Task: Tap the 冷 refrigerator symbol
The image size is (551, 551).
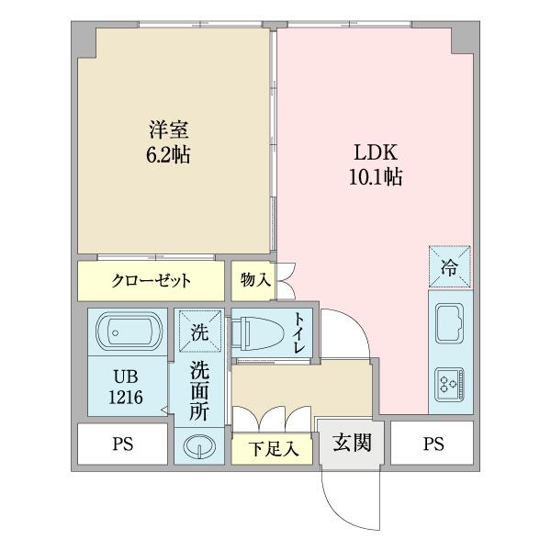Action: (450, 268)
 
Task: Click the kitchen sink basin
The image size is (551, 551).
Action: (450, 323)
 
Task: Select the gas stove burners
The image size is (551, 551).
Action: (450, 382)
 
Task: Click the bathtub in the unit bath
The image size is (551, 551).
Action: (127, 331)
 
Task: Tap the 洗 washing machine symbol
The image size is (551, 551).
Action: (199, 331)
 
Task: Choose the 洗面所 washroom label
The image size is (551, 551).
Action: (199, 392)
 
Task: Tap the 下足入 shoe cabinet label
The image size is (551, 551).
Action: (274, 450)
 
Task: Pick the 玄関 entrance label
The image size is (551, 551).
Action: (352, 444)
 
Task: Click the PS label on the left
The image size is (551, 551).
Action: (122, 446)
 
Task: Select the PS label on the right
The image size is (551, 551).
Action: (433, 446)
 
